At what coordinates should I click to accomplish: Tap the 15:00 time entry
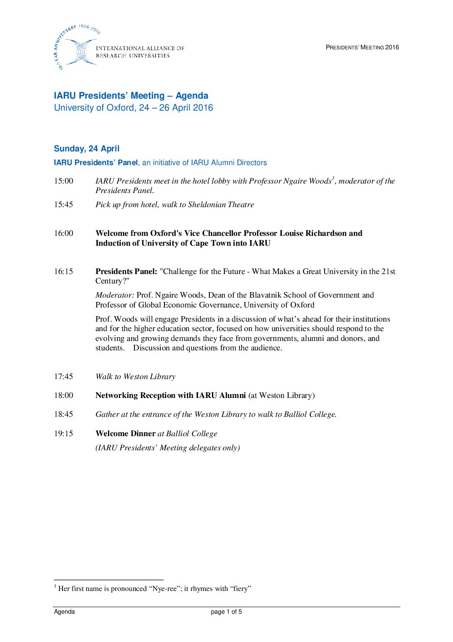coord(63,181)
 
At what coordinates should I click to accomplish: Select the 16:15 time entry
coord(63,271)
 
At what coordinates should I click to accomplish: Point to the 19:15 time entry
coord(63,434)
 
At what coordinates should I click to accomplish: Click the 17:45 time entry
coord(63,377)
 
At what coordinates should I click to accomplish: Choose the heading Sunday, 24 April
coord(86,149)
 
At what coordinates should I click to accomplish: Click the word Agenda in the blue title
coord(192,96)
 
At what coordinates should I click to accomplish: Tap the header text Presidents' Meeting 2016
coord(362,48)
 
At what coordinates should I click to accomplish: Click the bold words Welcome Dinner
coord(125,434)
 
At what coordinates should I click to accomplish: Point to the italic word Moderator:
coord(115,295)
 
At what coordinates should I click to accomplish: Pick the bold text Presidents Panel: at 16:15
coord(126,271)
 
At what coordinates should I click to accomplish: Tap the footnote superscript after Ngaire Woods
coord(333,178)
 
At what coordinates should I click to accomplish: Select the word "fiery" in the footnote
coord(241,589)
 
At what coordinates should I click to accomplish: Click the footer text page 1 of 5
coord(226,612)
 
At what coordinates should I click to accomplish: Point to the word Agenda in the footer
coord(64,612)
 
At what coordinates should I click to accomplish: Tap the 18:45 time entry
coord(63,414)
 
